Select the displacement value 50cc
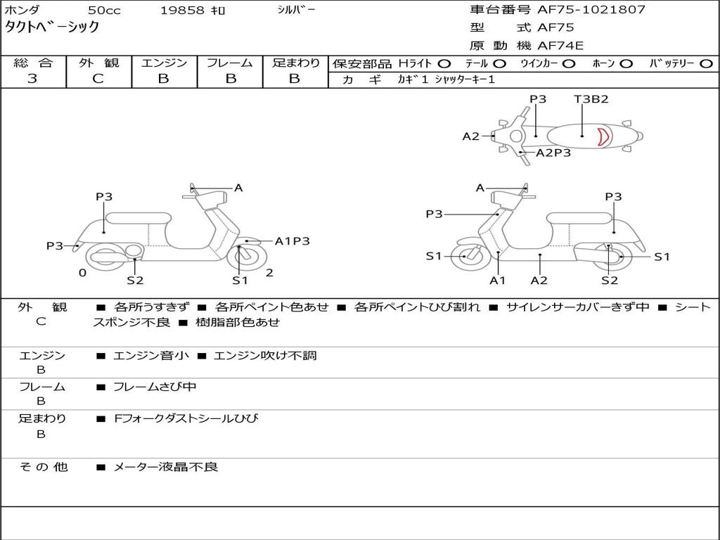(103, 11)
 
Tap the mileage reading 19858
(183, 11)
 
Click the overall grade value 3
(32, 79)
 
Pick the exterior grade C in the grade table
(98, 79)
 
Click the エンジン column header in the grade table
(164, 63)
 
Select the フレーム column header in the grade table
(229, 63)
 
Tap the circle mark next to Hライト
(444, 64)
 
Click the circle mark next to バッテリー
(706, 64)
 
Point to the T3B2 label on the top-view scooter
(591, 99)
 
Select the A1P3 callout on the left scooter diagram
(292, 241)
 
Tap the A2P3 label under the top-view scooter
(553, 153)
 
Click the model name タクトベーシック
(52, 27)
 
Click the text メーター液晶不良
(166, 467)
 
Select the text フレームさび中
(155, 387)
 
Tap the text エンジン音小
(151, 356)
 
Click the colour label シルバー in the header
(296, 10)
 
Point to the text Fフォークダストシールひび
(186, 419)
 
